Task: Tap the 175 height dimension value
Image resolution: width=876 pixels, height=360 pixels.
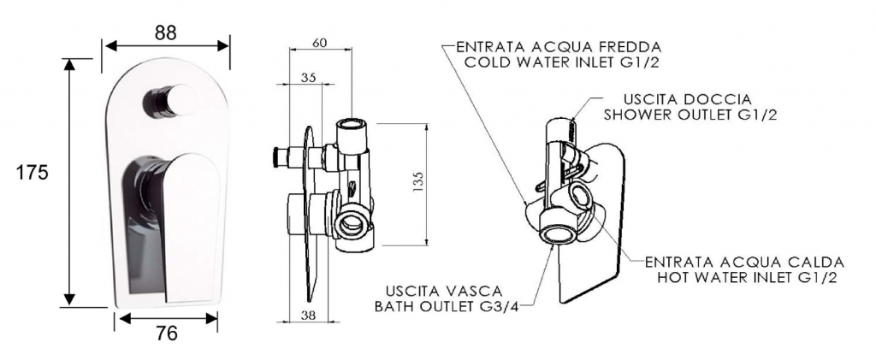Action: tap(33, 172)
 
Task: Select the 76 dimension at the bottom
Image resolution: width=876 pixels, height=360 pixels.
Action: tap(168, 333)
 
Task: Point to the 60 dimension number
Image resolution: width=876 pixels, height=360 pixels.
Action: tap(319, 43)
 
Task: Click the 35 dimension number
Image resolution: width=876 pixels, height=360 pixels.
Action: tap(309, 78)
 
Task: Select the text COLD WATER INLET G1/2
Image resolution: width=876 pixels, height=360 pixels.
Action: tap(561, 62)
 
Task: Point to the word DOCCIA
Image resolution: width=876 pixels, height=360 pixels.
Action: tap(721, 97)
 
